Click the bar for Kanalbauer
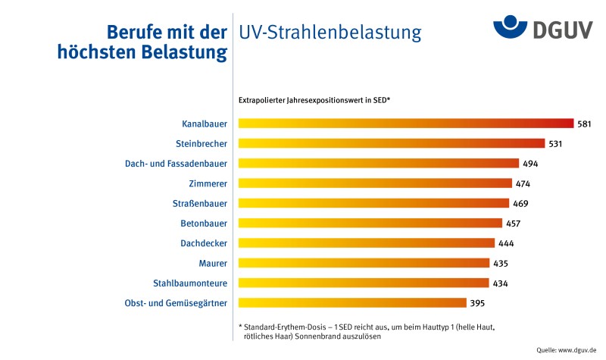[406, 124]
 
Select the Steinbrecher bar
[392, 143]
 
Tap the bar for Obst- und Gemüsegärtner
[352, 303]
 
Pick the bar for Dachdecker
[367, 243]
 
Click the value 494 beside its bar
[529, 163]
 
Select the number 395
[477, 303]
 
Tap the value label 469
[520, 203]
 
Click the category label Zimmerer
[208, 183]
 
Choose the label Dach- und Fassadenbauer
[176, 163]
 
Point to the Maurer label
[212, 263]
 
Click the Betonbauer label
[204, 224]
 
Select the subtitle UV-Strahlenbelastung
[330, 33]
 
